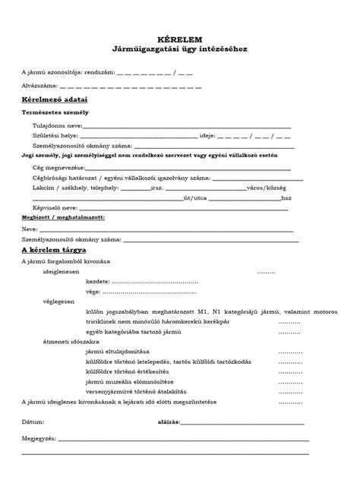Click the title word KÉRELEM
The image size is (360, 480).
[x=179, y=37]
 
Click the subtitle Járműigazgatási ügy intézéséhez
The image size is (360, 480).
[x=179, y=49]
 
